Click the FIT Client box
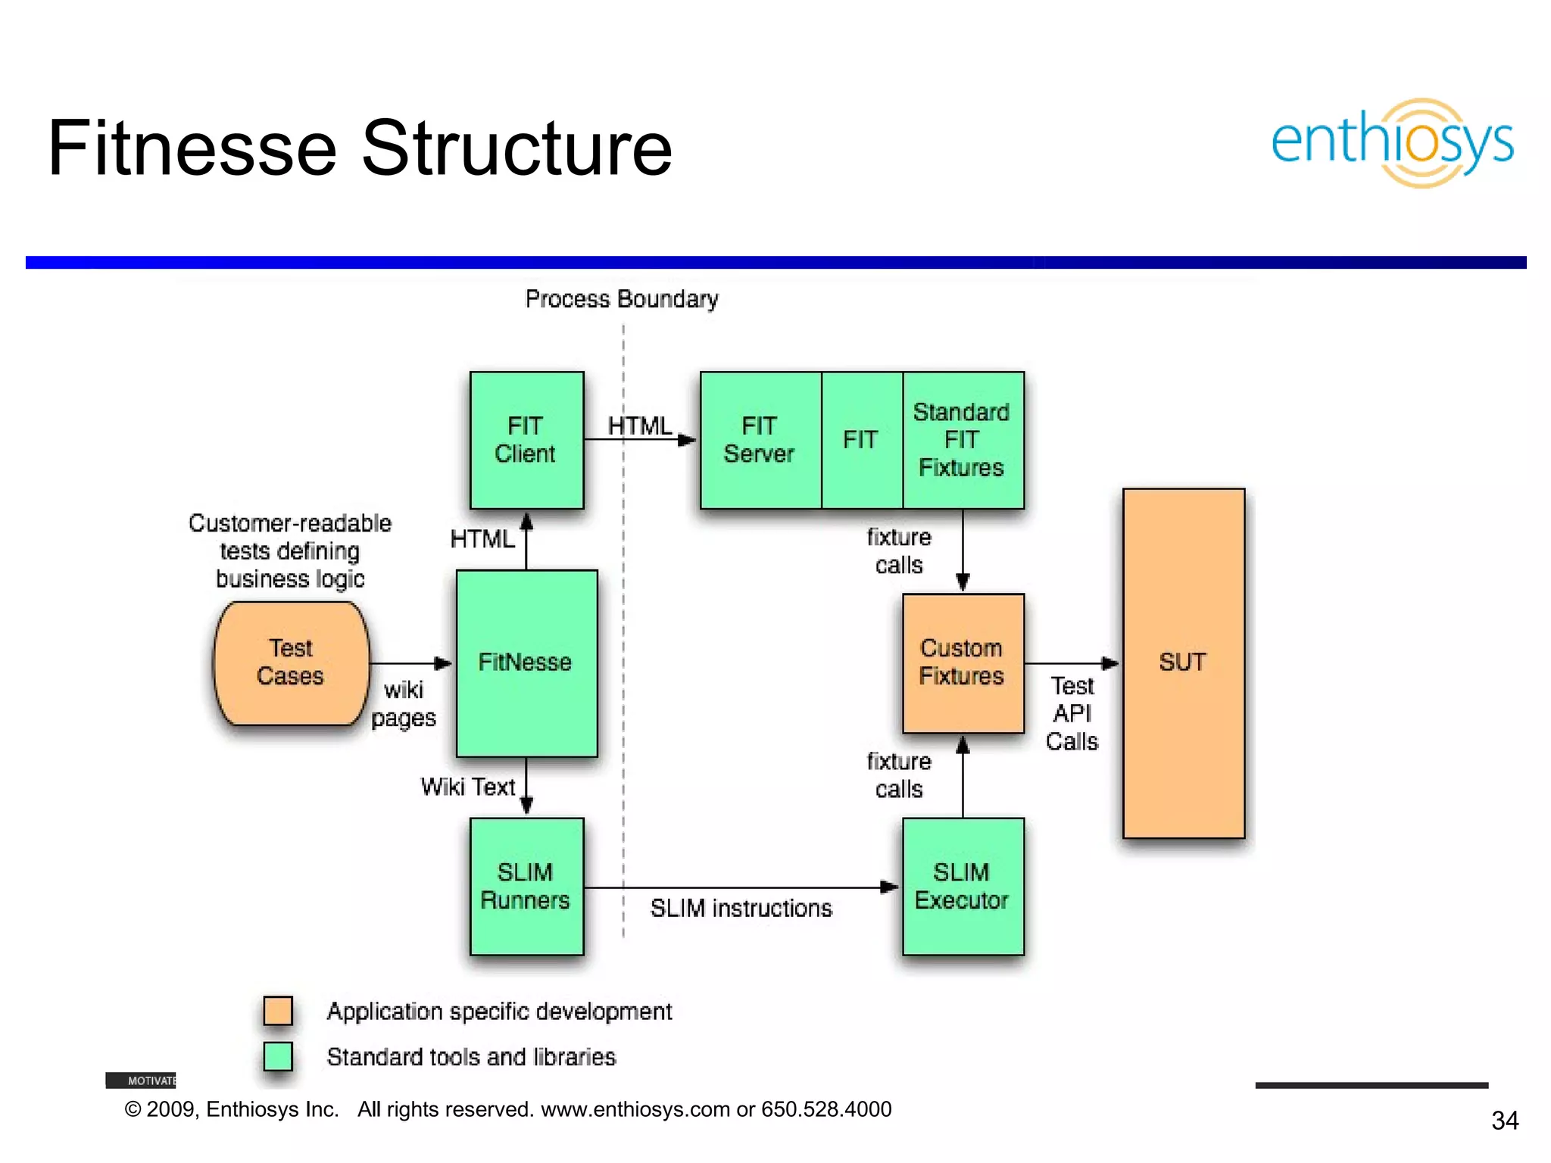pos(526,440)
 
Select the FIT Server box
pos(760,440)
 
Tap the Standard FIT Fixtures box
pos(963,440)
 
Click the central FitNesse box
pos(526,663)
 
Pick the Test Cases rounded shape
pos(292,663)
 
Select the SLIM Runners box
pos(526,886)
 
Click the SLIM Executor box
pos(963,886)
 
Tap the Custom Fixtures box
pos(963,663)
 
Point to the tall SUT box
pos(1183,663)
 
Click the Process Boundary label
pos(622,300)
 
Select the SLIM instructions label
pos(741,909)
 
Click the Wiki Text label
pos(468,787)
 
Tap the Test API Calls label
pos(1072,713)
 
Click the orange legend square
pos(278,1011)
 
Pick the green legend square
pos(278,1056)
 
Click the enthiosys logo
pos(1392,142)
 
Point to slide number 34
pos(1505,1121)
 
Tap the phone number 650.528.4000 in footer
pos(826,1109)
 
